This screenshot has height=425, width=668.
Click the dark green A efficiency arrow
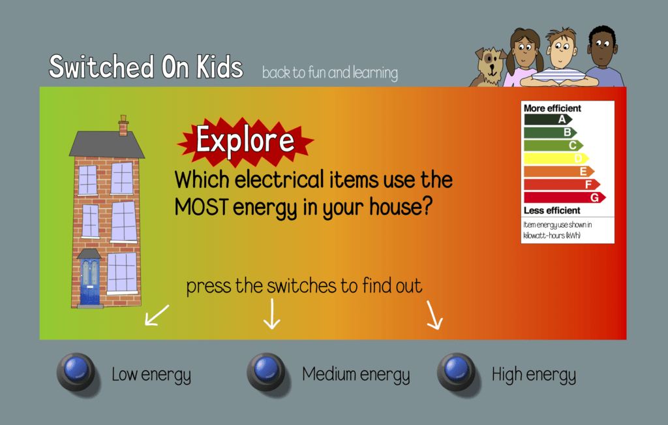[548, 119]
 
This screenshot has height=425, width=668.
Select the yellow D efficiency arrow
[556, 159]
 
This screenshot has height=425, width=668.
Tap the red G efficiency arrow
[564, 197]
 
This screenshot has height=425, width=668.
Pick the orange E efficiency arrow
[559, 171]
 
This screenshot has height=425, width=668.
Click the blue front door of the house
[90, 282]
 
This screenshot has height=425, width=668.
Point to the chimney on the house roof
[123, 125]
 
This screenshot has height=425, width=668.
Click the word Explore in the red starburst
[245, 140]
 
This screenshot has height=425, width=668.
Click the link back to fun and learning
[329, 73]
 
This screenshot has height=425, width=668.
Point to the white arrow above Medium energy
[272, 314]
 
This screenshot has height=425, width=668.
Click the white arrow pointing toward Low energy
[157, 315]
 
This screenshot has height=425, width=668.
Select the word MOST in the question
[202, 207]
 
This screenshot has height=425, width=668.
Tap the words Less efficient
[552, 211]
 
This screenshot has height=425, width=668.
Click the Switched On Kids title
[145, 67]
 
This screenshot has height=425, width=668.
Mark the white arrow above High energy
[434, 315]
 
